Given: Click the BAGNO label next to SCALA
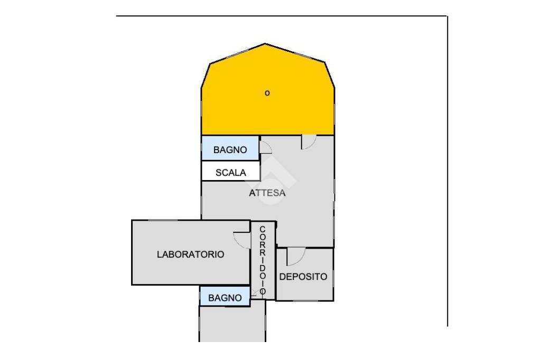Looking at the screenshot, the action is tap(230, 150).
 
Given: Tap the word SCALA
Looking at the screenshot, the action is tap(230, 172).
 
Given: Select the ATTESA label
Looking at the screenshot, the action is tap(267, 193).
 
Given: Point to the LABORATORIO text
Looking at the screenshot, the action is tap(190, 254).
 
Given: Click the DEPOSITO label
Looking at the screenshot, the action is tap(303, 277).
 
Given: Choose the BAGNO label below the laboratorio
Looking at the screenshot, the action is tap(225, 298).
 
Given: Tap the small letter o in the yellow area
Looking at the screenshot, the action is tap(267, 93).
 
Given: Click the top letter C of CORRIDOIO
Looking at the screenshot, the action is tap(263, 229).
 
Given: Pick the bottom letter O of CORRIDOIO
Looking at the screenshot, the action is tap(263, 291).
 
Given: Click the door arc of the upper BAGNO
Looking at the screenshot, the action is tap(265, 147).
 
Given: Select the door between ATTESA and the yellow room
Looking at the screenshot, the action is tap(309, 141).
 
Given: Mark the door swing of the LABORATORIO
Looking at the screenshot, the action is tap(242, 239).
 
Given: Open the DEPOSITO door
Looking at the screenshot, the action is tap(295, 257).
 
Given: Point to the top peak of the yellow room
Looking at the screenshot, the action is tap(266, 44).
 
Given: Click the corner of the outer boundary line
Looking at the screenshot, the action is tap(447, 16).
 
